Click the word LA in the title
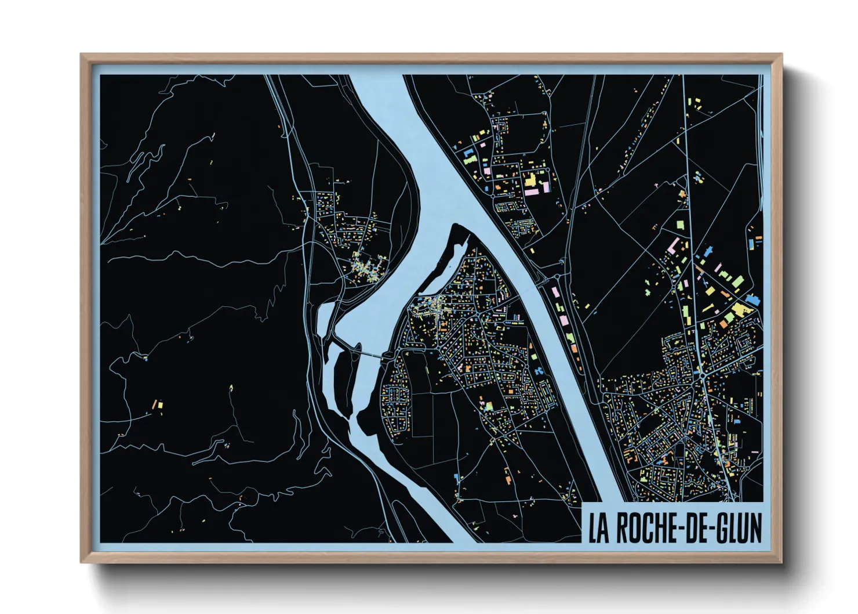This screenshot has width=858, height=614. click(x=599, y=528)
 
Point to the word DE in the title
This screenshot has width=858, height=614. click(x=693, y=528)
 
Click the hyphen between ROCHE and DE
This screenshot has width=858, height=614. click(x=677, y=529)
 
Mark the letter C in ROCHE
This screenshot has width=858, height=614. click(x=645, y=528)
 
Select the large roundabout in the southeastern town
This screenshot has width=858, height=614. click(x=703, y=376)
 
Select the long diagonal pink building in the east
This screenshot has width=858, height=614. click(x=674, y=244)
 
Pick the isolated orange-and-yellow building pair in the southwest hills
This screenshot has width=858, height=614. click(x=157, y=403)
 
